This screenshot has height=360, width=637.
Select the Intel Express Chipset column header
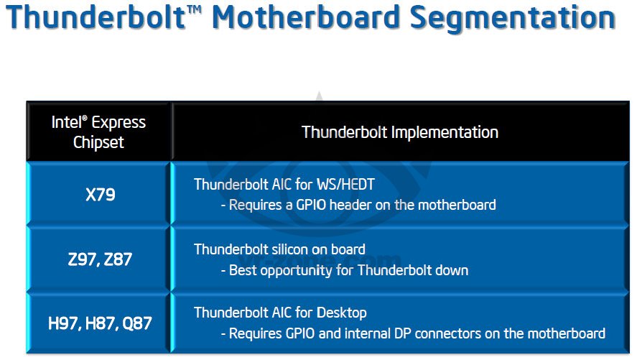coord(98,132)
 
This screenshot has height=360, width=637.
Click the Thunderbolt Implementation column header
coord(400,132)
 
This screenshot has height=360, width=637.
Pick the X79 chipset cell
coord(101,195)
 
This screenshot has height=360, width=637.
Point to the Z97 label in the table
coord(82,259)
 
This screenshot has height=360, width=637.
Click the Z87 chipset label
coord(118,259)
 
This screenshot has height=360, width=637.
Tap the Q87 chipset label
coord(137,323)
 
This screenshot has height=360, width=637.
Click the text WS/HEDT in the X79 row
coord(345,185)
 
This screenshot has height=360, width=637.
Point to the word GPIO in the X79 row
coord(311,205)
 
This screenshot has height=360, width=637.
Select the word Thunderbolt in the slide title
coord(96,17)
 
